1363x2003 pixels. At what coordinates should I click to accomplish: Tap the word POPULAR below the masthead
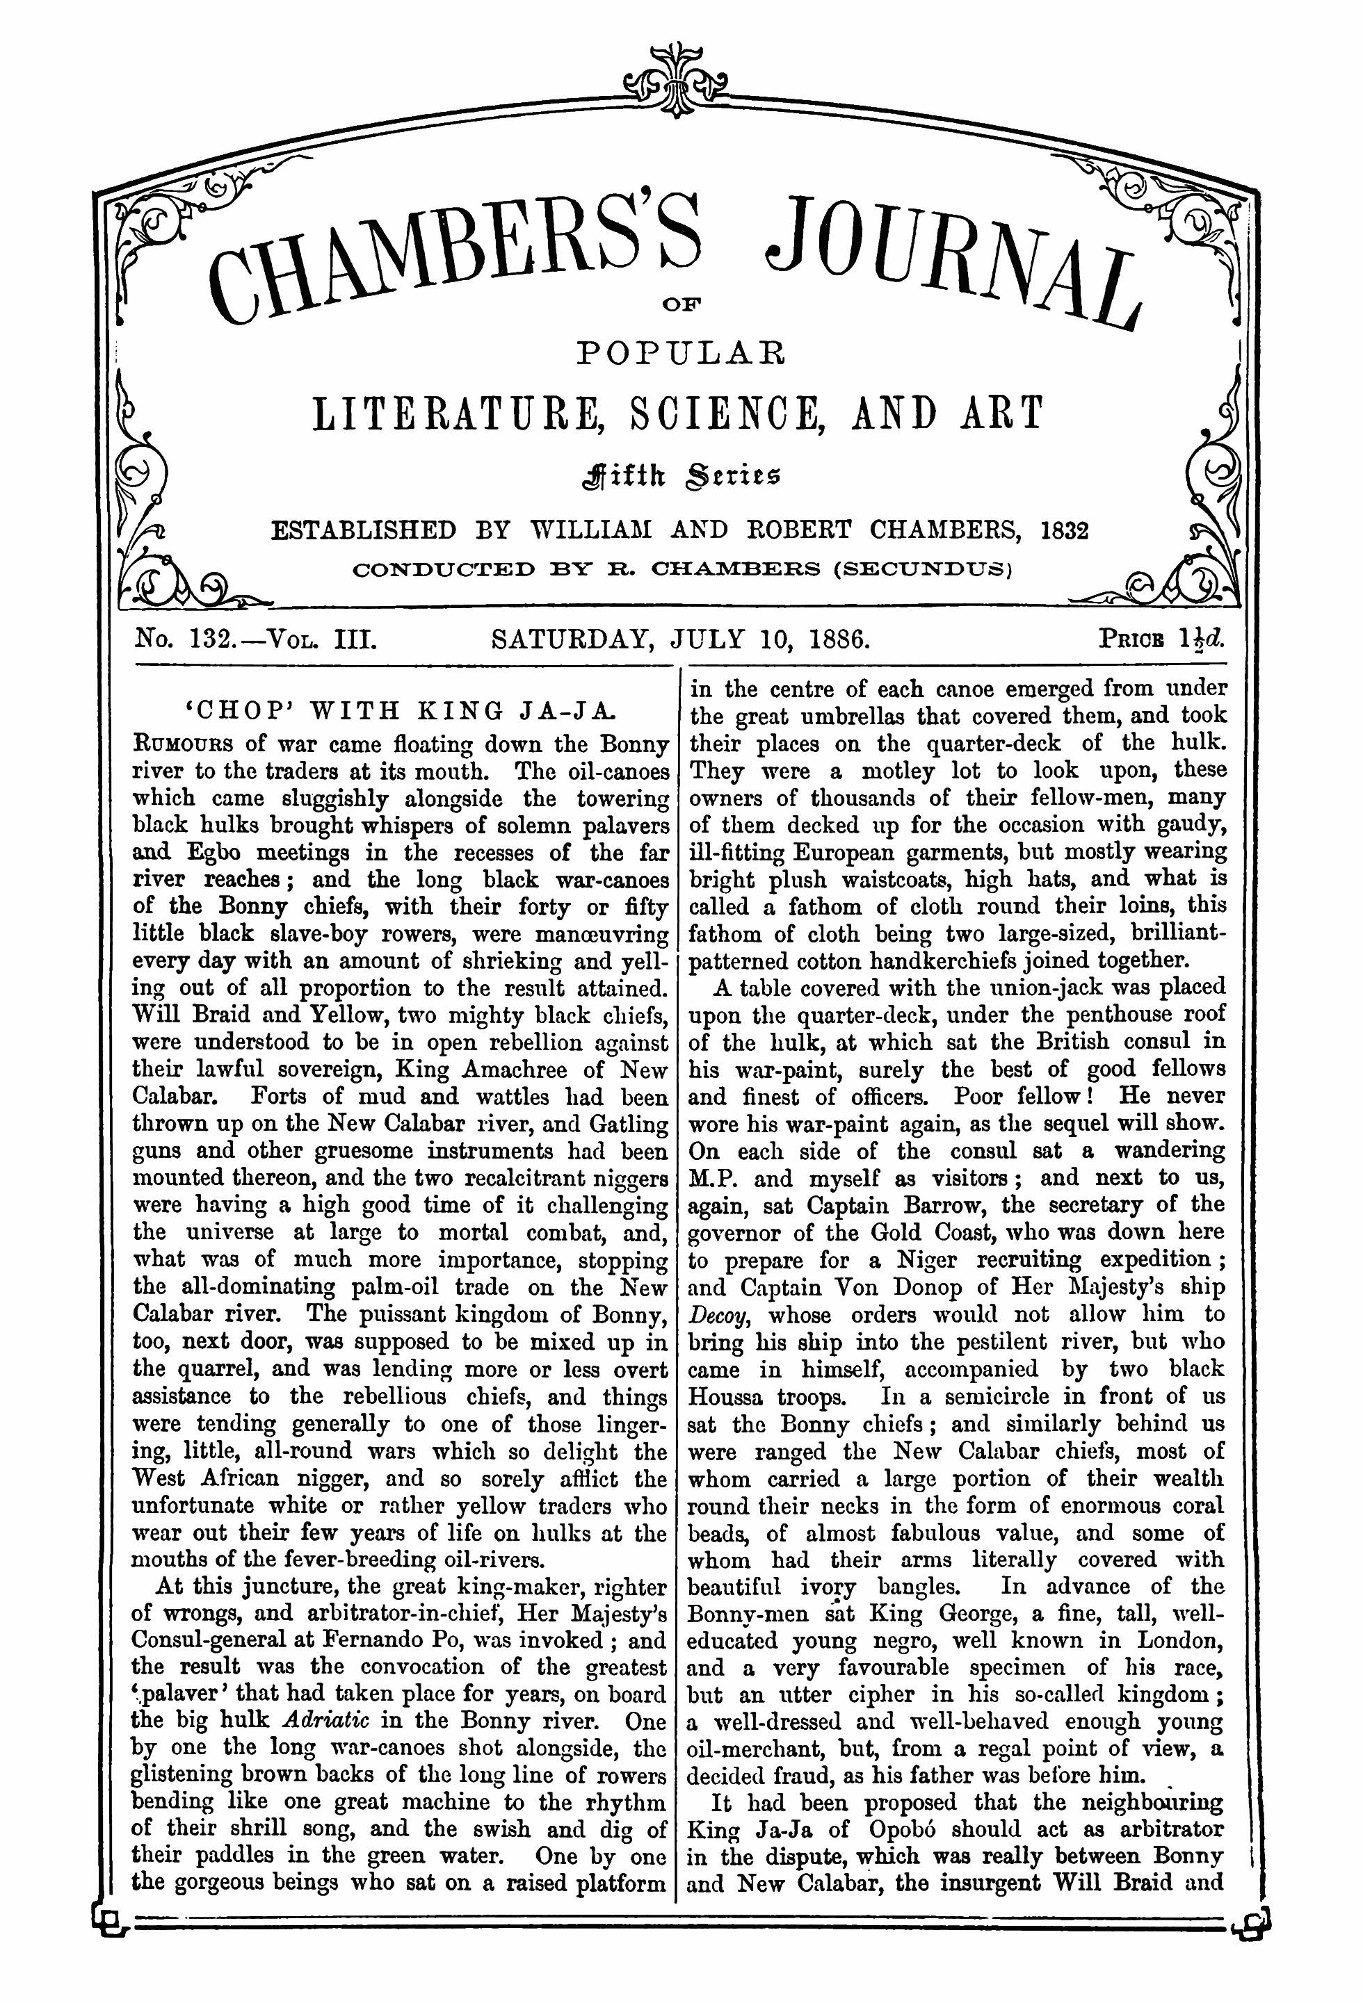click(x=680, y=353)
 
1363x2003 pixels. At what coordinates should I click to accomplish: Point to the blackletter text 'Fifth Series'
click(x=680, y=473)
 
